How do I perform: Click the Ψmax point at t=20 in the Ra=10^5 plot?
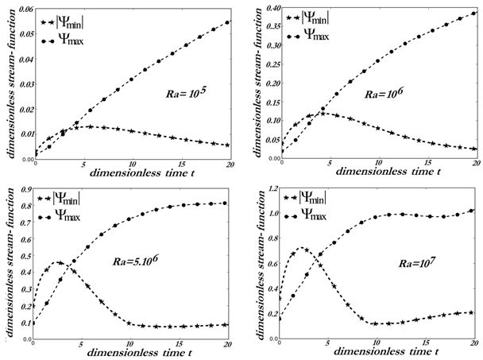click(x=229, y=22)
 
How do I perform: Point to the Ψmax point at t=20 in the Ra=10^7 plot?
click(x=471, y=211)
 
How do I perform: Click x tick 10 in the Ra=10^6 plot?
click(x=377, y=161)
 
